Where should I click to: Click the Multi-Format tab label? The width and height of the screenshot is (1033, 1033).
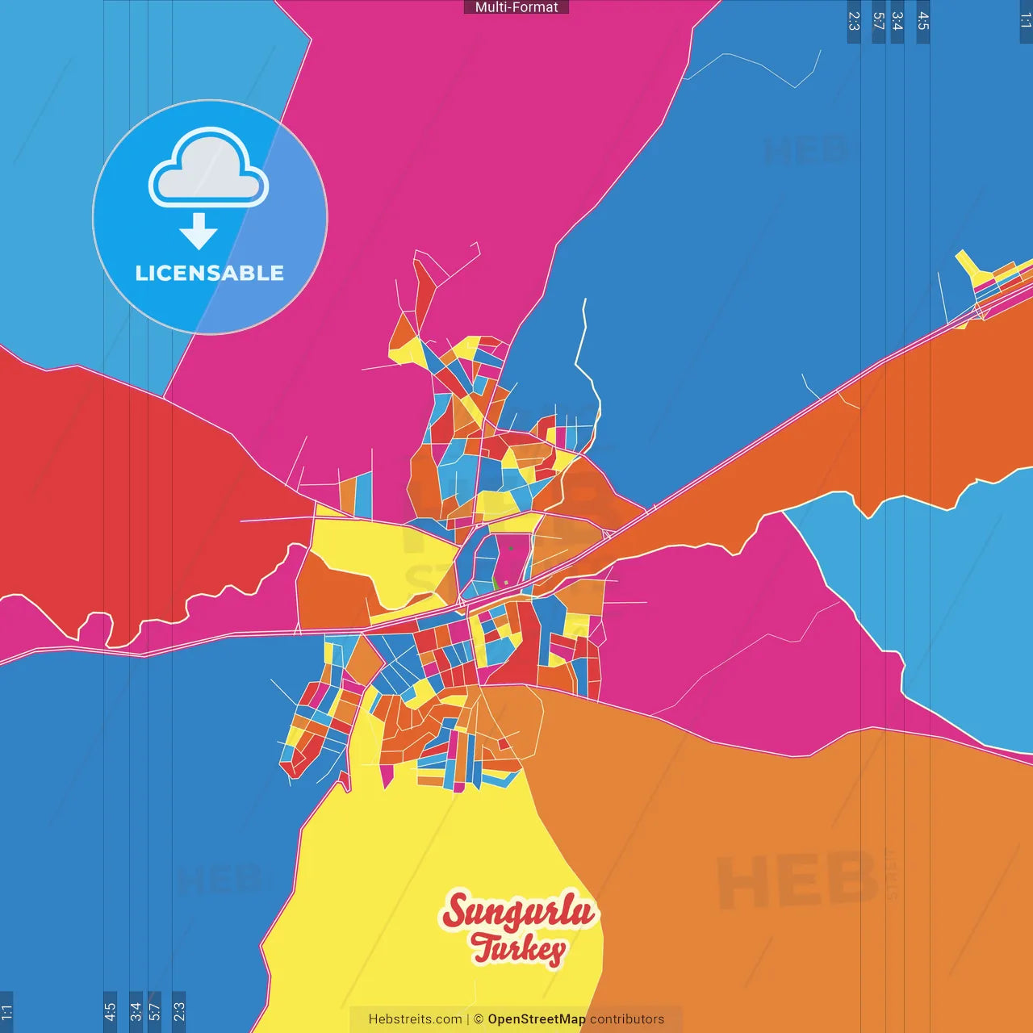[x=516, y=7]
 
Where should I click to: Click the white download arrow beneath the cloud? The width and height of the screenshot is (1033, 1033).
[x=199, y=232]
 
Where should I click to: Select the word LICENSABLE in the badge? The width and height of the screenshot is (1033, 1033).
[x=210, y=273]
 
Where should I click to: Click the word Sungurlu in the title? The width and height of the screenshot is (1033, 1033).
[x=518, y=912]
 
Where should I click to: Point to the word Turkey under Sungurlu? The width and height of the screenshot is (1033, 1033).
[x=519, y=948]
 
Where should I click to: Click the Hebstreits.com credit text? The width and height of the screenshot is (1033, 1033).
[x=415, y=1019]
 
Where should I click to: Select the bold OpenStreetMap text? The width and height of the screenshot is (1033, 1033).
[x=537, y=1019]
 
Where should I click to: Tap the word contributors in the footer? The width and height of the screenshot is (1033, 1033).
[x=627, y=1019]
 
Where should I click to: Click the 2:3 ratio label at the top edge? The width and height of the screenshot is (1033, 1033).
[x=854, y=21]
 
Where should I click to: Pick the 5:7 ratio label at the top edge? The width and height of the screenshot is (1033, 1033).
[x=879, y=21]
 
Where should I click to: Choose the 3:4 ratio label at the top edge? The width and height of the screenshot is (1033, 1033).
[x=897, y=21]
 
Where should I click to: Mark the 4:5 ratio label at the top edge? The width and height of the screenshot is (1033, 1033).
[x=923, y=21]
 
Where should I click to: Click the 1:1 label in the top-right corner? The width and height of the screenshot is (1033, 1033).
[x=1026, y=20]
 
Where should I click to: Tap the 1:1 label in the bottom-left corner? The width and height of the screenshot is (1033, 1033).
[x=6, y=1011]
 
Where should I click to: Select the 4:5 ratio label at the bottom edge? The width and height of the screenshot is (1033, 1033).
[x=111, y=1011]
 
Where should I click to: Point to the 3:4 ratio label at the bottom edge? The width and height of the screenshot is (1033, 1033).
[x=136, y=1011]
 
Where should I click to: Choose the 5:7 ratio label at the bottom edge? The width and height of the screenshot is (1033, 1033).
[x=154, y=1011]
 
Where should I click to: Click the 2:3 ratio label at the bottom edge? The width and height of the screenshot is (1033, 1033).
[x=179, y=1011]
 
